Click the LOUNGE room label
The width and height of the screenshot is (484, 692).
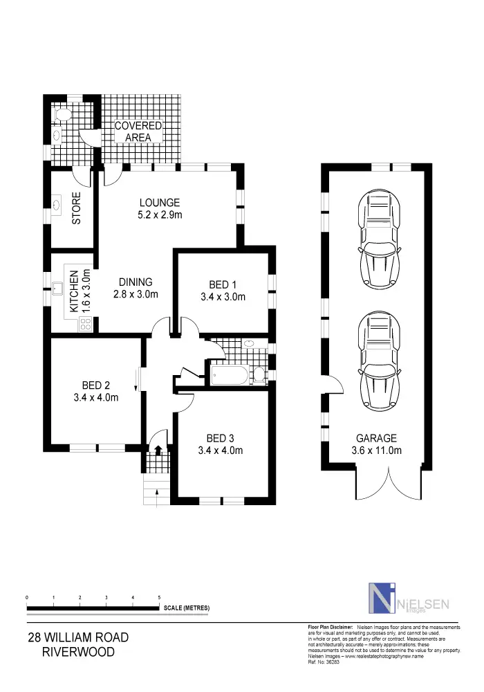coord(159,203)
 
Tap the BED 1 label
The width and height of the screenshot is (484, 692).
coord(223,284)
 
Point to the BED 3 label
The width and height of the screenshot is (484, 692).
coord(220,438)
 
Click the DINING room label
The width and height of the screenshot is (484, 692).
coord(136,282)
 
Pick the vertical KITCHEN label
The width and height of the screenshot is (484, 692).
coord(74,291)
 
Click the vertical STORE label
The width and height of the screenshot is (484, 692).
coord(77,208)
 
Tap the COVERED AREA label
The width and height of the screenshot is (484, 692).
coord(138,131)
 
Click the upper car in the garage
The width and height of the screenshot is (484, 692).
coord(376,240)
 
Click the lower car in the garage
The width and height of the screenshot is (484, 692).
coord(376,361)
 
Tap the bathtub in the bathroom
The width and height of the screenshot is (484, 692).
coord(227,376)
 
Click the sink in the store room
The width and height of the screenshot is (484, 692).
coord(56,206)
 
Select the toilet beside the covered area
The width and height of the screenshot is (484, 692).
coord(62,115)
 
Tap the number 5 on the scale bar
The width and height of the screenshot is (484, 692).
coord(160,597)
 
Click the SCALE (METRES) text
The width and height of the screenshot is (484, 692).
coord(187,608)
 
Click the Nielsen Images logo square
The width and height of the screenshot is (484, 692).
coord(379,598)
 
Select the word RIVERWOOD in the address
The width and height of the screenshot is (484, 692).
coord(77,652)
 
